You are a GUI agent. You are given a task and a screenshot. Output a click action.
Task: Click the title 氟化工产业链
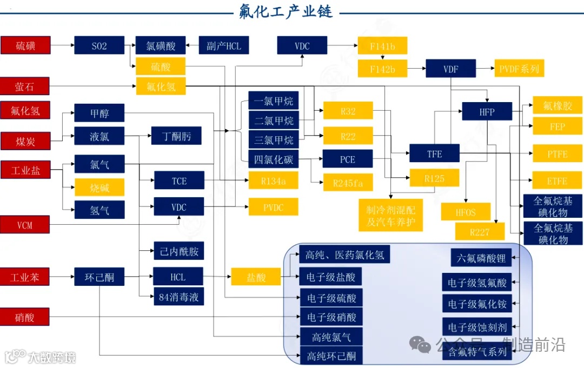click(286, 11)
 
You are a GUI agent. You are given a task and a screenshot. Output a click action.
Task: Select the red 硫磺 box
click(25, 45)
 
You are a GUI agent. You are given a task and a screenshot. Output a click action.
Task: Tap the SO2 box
click(99, 45)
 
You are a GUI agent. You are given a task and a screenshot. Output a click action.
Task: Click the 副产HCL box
click(224, 45)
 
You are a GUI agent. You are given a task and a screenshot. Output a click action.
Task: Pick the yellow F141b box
click(382, 46)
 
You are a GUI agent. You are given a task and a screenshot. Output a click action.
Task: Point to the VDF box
click(451, 69)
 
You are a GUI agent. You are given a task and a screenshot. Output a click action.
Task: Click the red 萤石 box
click(25, 86)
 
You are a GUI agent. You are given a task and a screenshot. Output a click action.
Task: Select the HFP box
click(487, 112)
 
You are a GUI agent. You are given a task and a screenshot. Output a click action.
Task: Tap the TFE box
click(434, 153)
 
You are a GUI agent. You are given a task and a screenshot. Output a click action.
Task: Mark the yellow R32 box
click(348, 111)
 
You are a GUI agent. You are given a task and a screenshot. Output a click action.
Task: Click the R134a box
click(273, 180)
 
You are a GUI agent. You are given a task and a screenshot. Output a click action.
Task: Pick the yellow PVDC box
click(273, 207)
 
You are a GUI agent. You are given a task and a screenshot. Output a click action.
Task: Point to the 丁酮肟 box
click(176, 136)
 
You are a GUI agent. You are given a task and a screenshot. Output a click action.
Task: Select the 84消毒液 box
click(178, 297)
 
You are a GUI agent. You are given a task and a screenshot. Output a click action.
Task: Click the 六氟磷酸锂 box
click(481, 258)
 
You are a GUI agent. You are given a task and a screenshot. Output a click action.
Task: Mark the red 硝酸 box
click(25, 317)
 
